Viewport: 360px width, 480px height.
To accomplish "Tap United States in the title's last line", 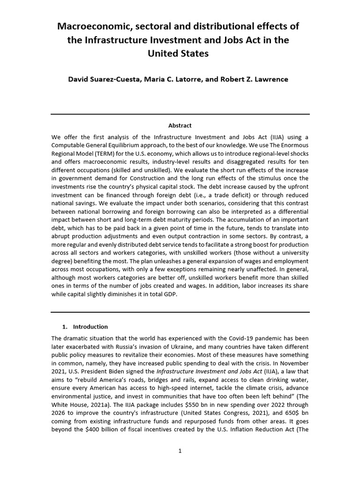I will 178,53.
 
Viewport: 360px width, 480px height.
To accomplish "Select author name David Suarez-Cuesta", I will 103,79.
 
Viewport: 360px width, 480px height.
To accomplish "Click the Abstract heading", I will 180,126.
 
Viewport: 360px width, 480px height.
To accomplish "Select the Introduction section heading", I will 90,327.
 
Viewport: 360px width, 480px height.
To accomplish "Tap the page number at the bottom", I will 180,451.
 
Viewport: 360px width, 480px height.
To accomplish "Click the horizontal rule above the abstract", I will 180,114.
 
